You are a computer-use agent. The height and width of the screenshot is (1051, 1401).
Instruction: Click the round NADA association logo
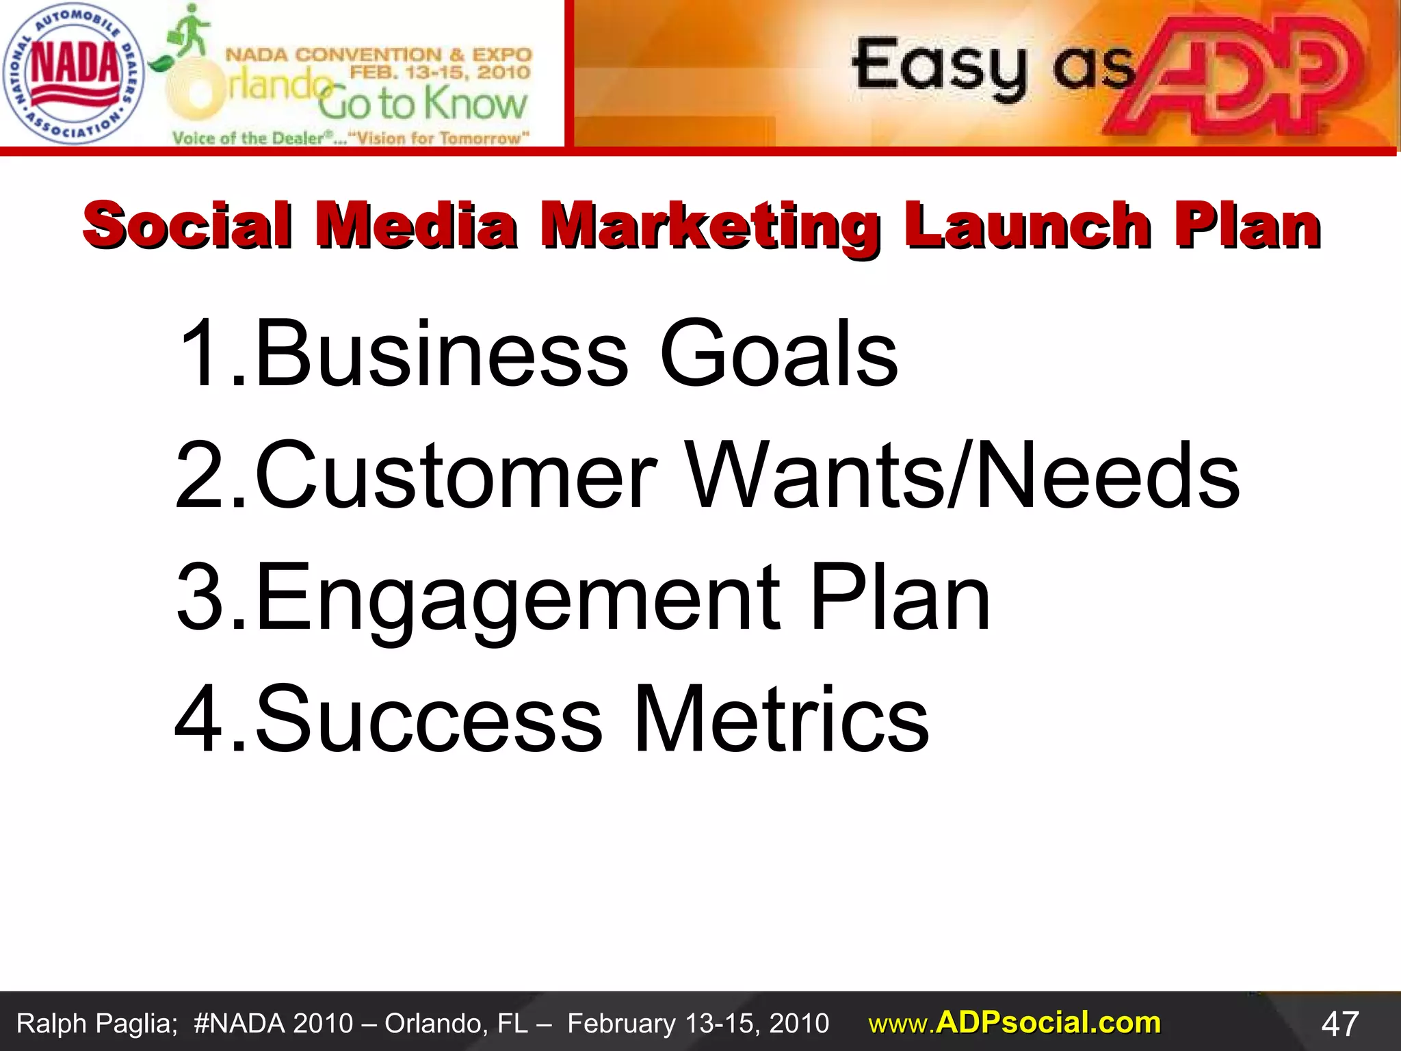tap(73, 73)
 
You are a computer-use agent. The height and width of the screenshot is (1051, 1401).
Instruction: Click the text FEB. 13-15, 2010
tap(440, 72)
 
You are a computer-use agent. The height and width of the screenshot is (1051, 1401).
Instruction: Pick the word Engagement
tap(517, 599)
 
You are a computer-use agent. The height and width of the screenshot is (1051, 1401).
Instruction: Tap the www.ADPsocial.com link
tap(1014, 1023)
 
